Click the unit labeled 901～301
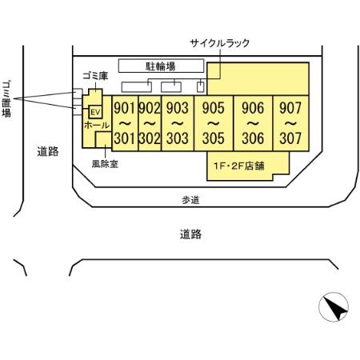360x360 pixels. click(x=123, y=123)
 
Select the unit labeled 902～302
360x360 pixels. click(x=150, y=123)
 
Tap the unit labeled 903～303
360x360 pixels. click(x=176, y=123)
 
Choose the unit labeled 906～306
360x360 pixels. click(x=253, y=123)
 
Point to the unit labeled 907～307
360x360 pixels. click(x=290, y=123)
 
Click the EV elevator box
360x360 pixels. click(x=94, y=111)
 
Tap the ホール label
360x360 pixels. click(x=97, y=126)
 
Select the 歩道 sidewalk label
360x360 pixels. click(x=190, y=201)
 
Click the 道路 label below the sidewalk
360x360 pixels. click(x=190, y=234)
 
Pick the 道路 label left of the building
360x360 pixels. click(x=47, y=151)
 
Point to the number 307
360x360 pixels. click(x=290, y=138)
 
